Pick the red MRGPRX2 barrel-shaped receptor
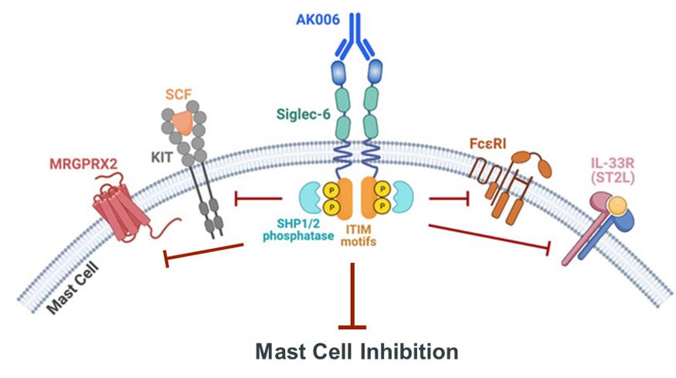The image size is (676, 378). click(x=122, y=210)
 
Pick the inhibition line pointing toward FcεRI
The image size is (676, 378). click(x=450, y=198)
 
